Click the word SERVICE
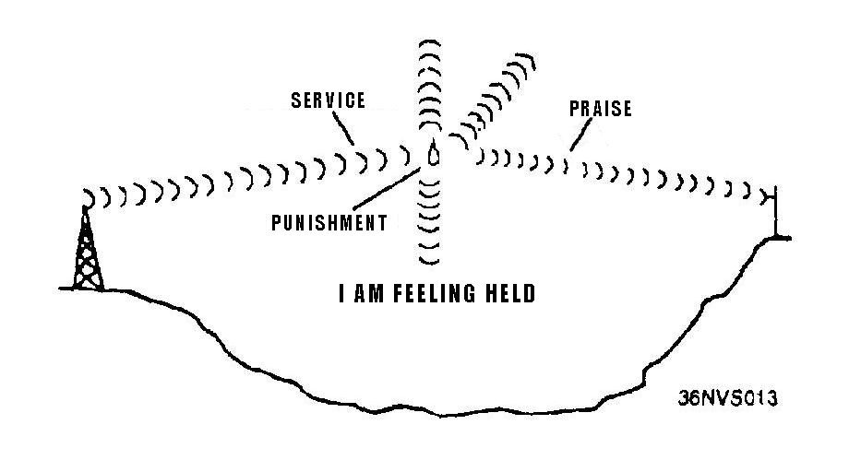point(329,100)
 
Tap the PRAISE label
point(601,109)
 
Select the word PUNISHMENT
point(329,223)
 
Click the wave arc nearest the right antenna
point(761,195)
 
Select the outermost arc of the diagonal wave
point(529,64)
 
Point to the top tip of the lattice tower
point(87,209)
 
